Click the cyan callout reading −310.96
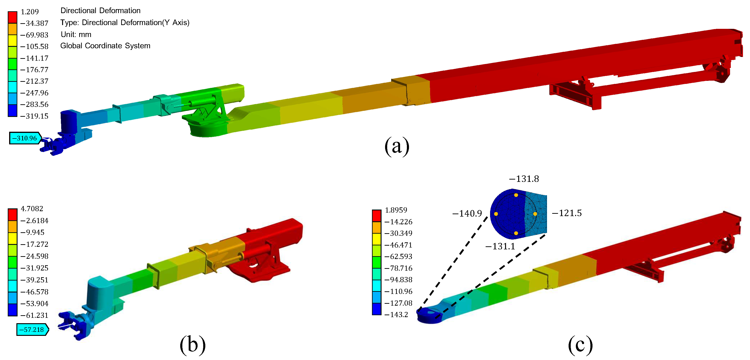[25, 138]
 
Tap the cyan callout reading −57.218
[33, 330]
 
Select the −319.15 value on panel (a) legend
[34, 116]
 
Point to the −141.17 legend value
[34, 58]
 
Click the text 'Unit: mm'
[76, 34]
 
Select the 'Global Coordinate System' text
[105, 46]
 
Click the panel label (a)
[397, 146]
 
